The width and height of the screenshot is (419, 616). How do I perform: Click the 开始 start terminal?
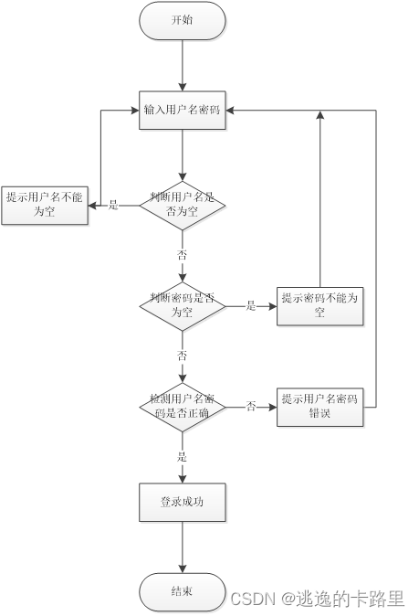coord(183,21)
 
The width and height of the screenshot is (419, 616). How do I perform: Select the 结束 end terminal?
coord(183,592)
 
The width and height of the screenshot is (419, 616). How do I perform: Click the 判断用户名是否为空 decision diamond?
coord(183,204)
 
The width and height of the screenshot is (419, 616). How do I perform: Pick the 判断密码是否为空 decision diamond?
coord(183,305)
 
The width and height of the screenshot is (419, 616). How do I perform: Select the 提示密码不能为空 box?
coord(320,305)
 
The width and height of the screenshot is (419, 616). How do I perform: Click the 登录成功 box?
coord(183,501)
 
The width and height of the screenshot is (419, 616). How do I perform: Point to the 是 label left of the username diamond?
coord(114,205)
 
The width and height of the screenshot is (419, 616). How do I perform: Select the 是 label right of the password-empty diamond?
coord(251,306)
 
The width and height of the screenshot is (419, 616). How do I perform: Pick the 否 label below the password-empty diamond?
coord(183,355)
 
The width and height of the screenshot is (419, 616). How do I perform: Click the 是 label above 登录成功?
coord(183,456)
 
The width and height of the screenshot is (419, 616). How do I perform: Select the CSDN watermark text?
coord(317,599)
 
